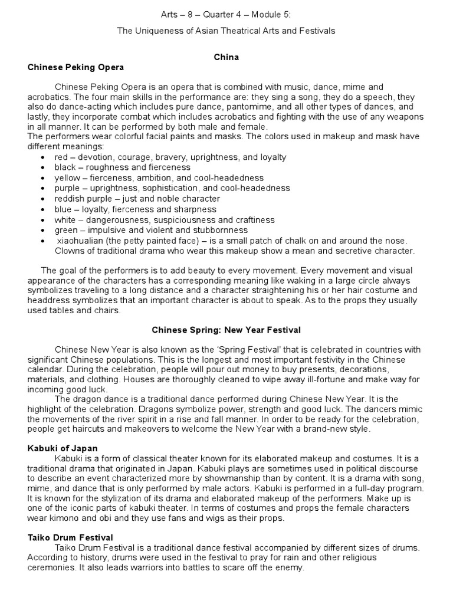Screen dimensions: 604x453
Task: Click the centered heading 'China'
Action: coord(226,57)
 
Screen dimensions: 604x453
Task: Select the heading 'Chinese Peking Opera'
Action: coord(75,68)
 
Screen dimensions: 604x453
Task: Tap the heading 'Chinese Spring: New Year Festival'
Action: coord(226,330)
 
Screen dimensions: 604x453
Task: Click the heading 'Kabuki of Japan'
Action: coord(63,449)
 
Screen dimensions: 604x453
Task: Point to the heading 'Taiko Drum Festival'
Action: coord(70,537)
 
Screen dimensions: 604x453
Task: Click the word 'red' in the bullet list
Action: coord(61,157)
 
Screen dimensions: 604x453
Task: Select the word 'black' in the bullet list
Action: coord(65,168)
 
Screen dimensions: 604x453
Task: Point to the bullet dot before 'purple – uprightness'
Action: coord(44,189)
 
